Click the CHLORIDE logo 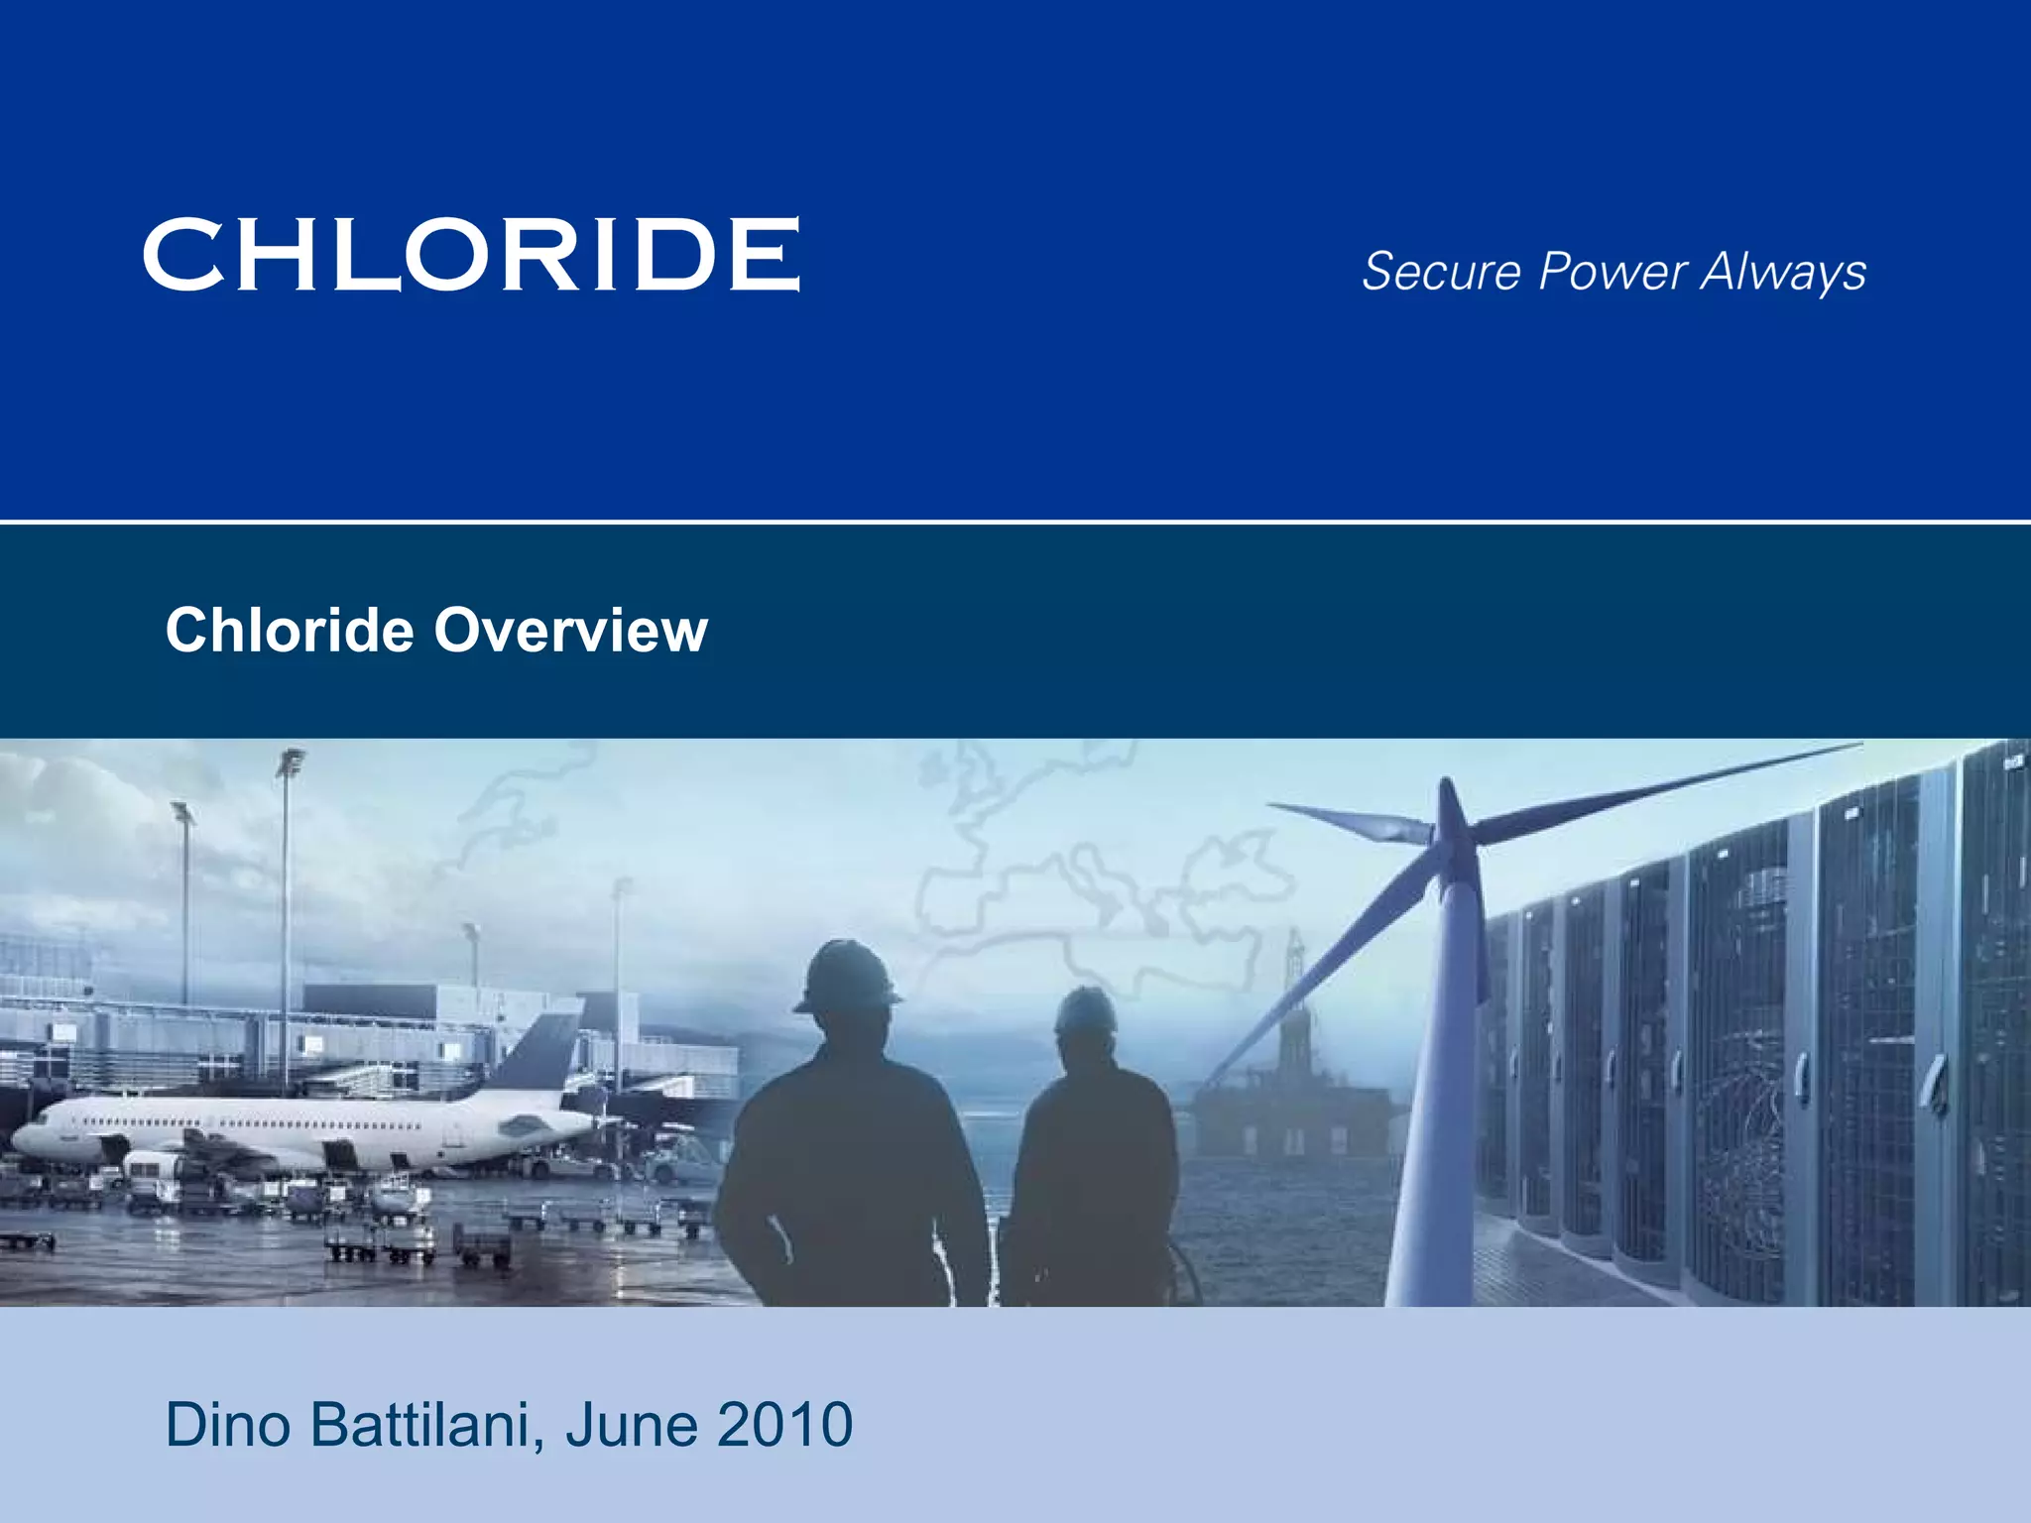(x=471, y=254)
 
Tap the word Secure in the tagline (x=1441, y=271)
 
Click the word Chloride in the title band (x=290, y=630)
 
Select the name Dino (x=228, y=1425)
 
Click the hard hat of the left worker (x=846, y=977)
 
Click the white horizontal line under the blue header (x=1015, y=521)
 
